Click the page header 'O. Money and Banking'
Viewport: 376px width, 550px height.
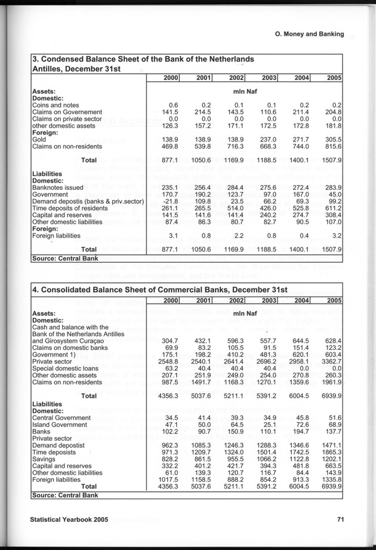303,34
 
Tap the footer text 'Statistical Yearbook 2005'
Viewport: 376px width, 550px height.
69,520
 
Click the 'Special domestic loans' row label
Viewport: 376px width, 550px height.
66,370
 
